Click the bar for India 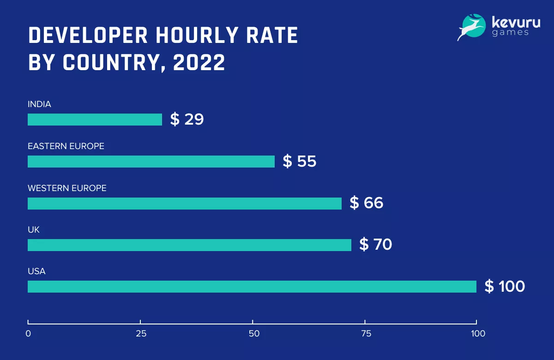coord(95,120)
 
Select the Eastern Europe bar coord(151,162)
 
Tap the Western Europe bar coord(185,204)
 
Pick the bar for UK coord(189,245)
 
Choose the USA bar coord(252,287)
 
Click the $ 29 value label coord(187,120)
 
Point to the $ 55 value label coord(300,162)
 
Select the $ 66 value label coord(367,203)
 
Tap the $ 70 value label coord(376,245)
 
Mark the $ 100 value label coord(505,287)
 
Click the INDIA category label coord(39,104)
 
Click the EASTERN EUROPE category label coord(66,146)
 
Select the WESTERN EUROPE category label coord(67,188)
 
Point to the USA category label coord(36,271)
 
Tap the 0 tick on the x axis coord(28,334)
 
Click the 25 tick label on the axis coord(140,334)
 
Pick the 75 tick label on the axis coord(365,334)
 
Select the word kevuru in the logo coord(516,22)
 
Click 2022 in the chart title coord(199,63)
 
